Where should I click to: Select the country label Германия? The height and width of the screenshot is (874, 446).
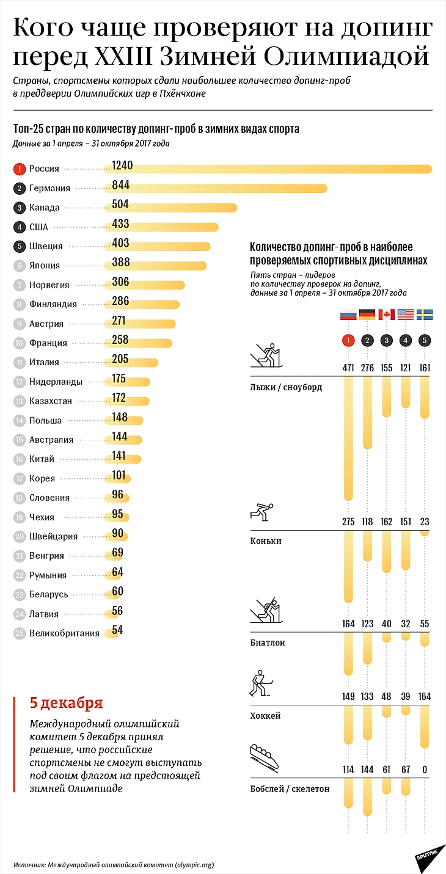pyautogui.click(x=49, y=188)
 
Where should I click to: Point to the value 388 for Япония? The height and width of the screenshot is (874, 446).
pyautogui.click(x=121, y=263)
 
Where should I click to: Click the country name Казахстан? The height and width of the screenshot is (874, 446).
pyautogui.click(x=51, y=401)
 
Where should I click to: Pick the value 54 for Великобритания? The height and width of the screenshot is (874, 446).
pyautogui.click(x=118, y=630)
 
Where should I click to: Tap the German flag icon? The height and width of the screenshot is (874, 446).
pyautogui.click(x=367, y=315)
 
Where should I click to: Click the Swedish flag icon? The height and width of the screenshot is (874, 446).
pyautogui.click(x=425, y=315)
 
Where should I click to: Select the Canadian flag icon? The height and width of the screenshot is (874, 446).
pyautogui.click(x=386, y=315)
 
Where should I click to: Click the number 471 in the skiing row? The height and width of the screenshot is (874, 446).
pyautogui.click(x=348, y=368)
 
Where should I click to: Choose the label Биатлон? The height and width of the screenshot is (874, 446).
pyautogui.click(x=268, y=643)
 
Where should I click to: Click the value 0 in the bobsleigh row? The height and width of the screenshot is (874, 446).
pyautogui.click(x=425, y=770)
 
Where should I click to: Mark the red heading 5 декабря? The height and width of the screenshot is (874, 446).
pyautogui.click(x=66, y=703)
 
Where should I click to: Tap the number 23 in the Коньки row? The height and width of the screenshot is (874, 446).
pyautogui.click(x=425, y=522)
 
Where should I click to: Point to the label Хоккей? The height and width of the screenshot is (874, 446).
pyautogui.click(x=265, y=715)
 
